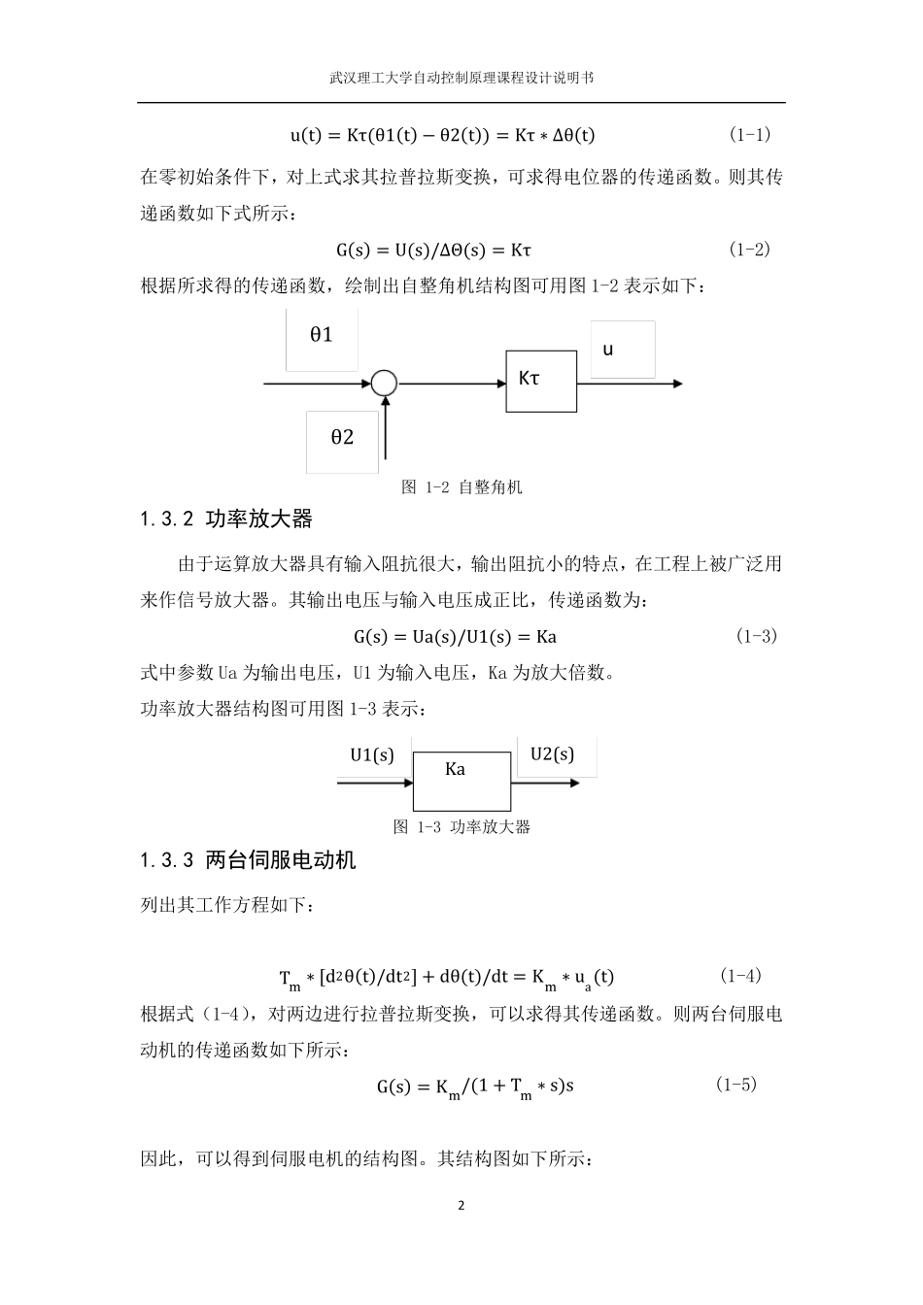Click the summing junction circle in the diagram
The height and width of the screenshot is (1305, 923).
[385, 384]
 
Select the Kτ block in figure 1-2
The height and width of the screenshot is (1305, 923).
[540, 380]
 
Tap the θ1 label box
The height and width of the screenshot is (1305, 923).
[322, 337]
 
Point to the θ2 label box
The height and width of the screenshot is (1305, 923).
[342, 439]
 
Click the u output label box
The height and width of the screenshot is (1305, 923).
[622, 350]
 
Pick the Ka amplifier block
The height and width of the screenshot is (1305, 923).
[461, 781]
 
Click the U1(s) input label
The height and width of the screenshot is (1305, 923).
[372, 755]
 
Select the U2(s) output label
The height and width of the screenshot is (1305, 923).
[553, 754]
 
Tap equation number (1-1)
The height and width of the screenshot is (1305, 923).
[749, 134]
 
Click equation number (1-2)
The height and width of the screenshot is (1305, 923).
[749, 250]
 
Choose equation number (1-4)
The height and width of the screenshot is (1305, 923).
[740, 975]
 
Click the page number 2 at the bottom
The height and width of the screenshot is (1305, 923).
[461, 1206]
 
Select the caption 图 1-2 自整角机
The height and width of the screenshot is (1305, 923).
[461, 487]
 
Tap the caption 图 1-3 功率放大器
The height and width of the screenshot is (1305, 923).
[461, 827]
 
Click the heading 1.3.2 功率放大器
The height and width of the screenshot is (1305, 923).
[226, 519]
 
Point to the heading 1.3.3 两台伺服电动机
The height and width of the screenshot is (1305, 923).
[248, 860]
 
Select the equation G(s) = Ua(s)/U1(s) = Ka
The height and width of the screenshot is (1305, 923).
[455, 638]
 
